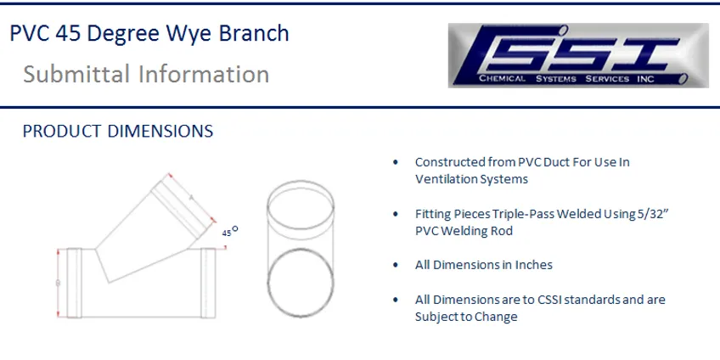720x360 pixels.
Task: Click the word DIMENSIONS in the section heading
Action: point(159,132)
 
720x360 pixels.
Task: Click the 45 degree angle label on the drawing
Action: point(228,231)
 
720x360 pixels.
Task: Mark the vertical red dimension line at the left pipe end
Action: point(57,282)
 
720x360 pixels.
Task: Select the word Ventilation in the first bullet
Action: point(446,179)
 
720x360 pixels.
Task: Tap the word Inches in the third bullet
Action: point(533,264)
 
